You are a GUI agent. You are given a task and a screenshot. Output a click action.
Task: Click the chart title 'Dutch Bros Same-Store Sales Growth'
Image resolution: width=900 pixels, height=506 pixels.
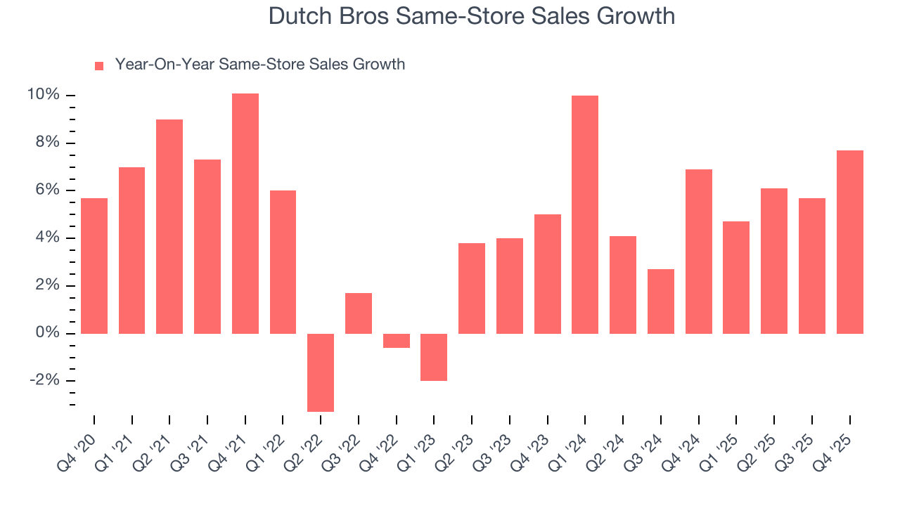click(472, 16)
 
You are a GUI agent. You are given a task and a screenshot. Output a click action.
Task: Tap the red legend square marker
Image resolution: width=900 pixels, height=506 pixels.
click(99, 66)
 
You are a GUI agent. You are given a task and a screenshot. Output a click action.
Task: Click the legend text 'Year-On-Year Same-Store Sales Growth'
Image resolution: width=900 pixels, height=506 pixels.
click(259, 65)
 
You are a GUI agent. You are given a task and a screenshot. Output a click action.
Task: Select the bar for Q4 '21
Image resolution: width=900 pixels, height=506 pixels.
click(245, 214)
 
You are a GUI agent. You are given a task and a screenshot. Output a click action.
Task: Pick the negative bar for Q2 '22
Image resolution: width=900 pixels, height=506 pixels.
click(321, 372)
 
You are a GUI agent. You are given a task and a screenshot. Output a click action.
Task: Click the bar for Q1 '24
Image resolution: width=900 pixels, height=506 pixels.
click(585, 214)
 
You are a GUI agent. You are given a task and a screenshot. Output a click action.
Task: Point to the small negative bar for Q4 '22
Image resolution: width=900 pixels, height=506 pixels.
click(397, 340)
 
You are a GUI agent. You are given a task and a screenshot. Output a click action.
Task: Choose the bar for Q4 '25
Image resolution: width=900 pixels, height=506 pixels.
click(849, 242)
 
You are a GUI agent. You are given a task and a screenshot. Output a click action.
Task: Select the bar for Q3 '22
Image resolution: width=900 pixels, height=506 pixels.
click(359, 313)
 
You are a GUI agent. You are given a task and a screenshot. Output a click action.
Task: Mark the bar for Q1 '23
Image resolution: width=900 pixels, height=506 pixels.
click(434, 357)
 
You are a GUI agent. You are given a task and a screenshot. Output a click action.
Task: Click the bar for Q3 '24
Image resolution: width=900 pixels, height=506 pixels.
click(661, 301)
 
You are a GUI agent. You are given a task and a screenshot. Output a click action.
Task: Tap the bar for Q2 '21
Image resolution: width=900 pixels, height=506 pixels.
click(169, 226)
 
